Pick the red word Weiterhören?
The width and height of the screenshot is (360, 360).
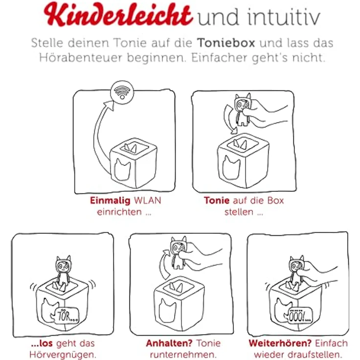pyautogui.click(x=280, y=343)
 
